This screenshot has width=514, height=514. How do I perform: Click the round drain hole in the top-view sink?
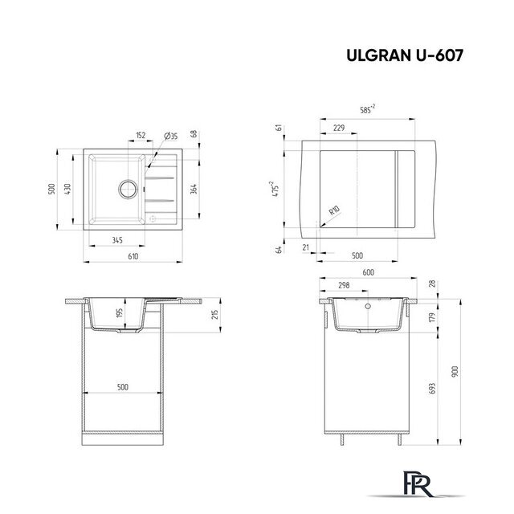tap(127, 190)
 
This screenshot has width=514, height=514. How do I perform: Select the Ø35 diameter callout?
tap(169, 136)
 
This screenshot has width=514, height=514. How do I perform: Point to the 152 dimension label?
tap(141, 136)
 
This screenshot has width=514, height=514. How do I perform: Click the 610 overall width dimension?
tap(133, 255)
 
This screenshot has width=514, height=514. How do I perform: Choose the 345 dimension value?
tap(116, 239)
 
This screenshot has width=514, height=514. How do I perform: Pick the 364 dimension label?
tap(194, 189)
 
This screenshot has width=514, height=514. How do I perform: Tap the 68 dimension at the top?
tap(194, 134)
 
